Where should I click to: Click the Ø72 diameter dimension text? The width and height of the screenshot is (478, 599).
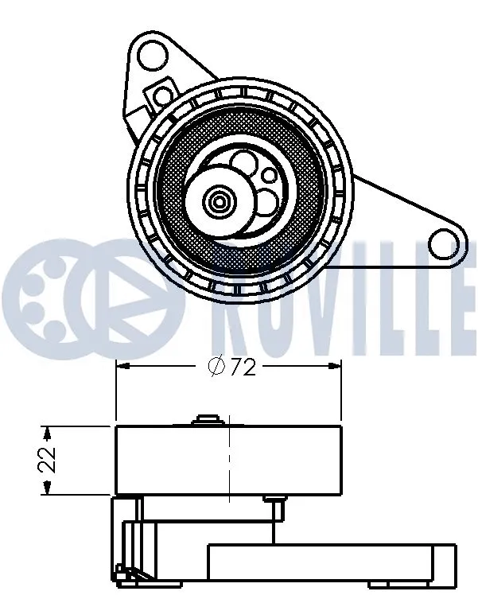pos(231,368)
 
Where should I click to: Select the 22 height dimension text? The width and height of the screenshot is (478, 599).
pos(49,460)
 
